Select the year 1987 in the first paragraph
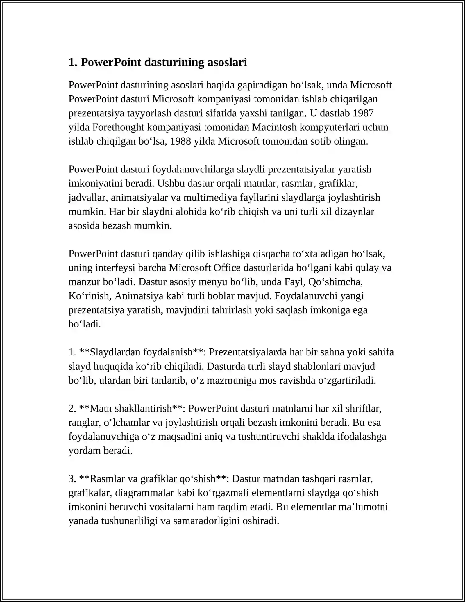tap(363, 113)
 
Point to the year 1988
tap(180, 141)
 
